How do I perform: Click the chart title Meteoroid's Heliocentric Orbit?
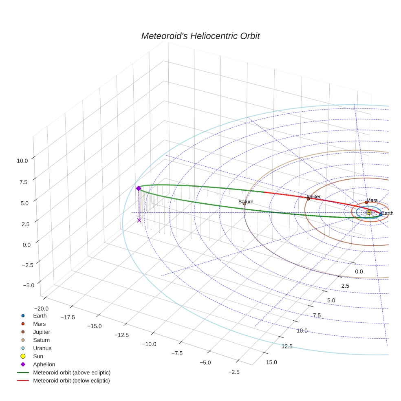[x=200, y=36]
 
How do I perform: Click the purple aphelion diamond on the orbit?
[x=139, y=188]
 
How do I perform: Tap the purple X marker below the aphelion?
[x=139, y=220]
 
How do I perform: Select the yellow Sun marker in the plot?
[x=369, y=212]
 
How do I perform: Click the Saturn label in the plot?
[x=246, y=202]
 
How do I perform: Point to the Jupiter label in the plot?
[x=313, y=196]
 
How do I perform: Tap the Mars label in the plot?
[x=372, y=200]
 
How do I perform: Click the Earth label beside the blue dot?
[x=388, y=213]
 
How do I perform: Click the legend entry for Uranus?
[x=42, y=348]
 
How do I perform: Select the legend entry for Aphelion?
[x=44, y=364]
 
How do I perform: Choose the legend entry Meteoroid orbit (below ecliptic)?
[x=71, y=381]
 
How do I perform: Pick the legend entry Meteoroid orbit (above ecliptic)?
[x=71, y=372]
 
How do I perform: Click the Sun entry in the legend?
[x=38, y=356]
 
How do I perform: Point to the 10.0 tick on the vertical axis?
[x=22, y=161]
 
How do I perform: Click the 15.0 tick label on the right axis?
[x=271, y=362]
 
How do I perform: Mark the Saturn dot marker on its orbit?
[x=245, y=204]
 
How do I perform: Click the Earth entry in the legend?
[x=40, y=315]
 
